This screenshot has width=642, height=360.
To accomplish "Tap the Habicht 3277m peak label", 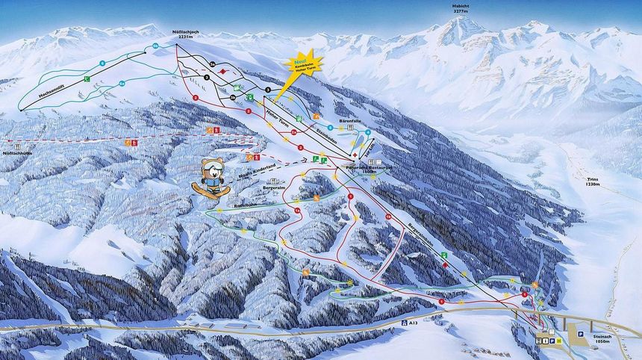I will [461, 8].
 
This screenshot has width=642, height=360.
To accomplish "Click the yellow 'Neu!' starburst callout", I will [302, 61].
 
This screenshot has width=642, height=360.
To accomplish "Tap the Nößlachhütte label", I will [16, 153].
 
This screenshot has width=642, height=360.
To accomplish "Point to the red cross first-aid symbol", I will [354, 151].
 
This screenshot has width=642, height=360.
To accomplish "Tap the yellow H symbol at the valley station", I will [558, 340].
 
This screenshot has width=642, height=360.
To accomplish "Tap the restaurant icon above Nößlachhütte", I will [131, 143].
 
